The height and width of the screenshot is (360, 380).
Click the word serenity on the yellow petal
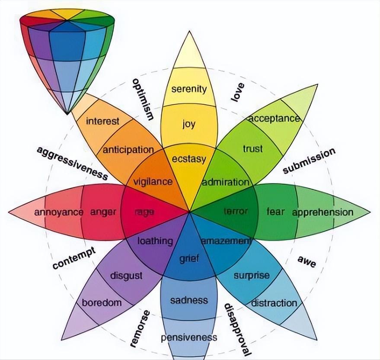189,90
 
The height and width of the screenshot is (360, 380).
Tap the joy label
188,124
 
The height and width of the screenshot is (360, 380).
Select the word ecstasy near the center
189,159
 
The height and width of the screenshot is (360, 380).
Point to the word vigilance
153,182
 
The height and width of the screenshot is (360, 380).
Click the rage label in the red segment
144,212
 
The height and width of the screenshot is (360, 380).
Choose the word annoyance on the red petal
59,212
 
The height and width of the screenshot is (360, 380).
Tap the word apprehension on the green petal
323,212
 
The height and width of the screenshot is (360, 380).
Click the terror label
236,211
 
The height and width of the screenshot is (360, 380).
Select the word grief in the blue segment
189,259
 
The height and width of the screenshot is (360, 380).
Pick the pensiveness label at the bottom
189,337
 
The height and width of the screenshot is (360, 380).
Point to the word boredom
102,302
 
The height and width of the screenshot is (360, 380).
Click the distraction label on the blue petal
274,302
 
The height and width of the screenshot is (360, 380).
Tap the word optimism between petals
143,99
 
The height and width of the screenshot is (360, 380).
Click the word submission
309,161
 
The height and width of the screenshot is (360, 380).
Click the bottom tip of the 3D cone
67,114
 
